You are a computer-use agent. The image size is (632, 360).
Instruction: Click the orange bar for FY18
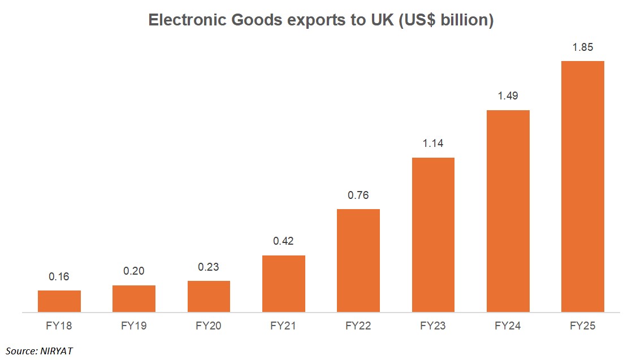point(59,301)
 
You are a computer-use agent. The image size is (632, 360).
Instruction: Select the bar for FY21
point(284,283)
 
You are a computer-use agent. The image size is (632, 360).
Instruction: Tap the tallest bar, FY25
point(582,186)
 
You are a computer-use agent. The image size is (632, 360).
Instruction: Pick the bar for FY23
point(433,234)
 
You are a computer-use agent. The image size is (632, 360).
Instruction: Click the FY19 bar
point(134,298)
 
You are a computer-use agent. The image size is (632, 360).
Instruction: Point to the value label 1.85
point(582,47)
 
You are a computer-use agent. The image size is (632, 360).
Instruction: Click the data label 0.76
point(358,196)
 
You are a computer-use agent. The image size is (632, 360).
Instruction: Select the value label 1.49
point(508,96)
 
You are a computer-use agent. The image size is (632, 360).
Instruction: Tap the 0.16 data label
point(59,277)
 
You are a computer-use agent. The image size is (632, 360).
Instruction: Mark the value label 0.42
point(284,241)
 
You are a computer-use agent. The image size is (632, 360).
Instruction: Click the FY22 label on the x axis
point(358,326)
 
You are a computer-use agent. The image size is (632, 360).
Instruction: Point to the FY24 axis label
point(508,326)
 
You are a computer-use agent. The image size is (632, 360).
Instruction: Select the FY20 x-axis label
point(209,326)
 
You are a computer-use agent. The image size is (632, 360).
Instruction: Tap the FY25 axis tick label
point(582,326)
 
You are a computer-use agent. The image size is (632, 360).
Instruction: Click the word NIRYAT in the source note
point(56,351)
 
